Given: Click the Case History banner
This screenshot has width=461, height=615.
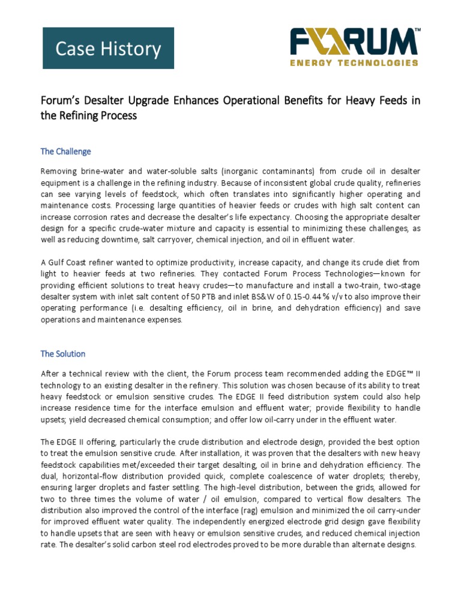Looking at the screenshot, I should (x=108, y=48).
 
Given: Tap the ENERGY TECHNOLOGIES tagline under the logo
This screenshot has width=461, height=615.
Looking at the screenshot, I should (x=354, y=62).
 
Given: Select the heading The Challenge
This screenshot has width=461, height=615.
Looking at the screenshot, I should (x=65, y=151).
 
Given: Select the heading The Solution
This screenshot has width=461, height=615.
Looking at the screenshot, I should (x=63, y=354).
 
